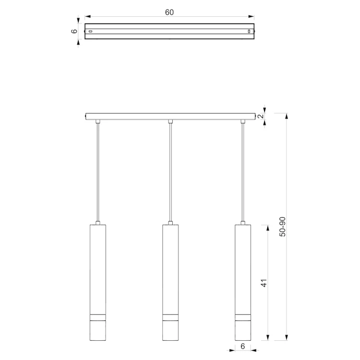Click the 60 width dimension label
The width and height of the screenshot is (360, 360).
169,12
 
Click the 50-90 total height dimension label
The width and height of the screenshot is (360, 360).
282,227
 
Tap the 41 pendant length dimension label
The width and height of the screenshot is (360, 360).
264,283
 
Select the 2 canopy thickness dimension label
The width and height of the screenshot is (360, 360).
261,116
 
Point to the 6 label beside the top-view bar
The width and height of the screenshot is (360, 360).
74,31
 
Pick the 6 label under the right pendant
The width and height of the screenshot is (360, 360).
243,346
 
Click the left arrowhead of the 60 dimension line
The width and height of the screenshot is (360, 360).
87,16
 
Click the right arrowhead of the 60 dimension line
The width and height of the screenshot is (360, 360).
251,16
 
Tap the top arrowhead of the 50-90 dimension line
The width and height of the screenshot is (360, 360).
286,116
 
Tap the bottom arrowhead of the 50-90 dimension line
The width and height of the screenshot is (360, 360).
286,337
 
